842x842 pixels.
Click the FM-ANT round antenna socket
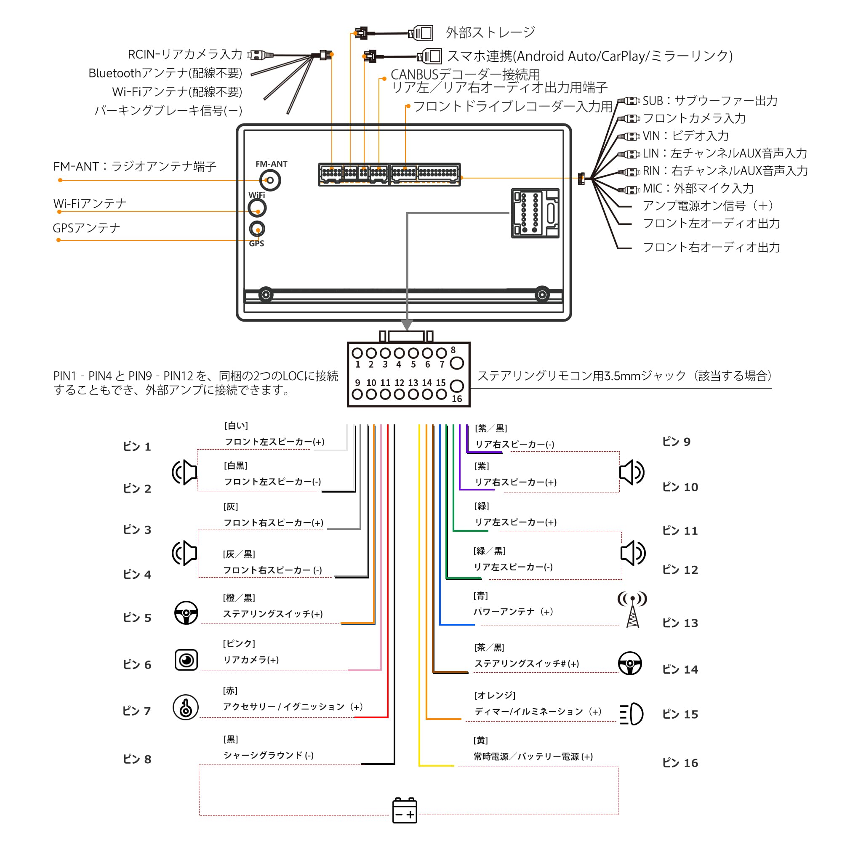pos(270,180)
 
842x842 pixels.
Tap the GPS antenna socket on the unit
pos(257,228)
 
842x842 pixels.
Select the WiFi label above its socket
pos(257,195)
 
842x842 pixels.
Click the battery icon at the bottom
pos(405,810)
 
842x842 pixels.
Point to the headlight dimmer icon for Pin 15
pos(631,714)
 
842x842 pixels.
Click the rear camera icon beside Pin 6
pos(186,660)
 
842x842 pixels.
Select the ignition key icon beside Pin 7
pos(186,707)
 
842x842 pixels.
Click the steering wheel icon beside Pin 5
pos(186,613)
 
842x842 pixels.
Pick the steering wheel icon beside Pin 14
pos(630,663)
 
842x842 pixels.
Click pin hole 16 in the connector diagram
pos(456,386)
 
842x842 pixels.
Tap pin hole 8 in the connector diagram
pos(456,362)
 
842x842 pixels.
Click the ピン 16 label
pos(680,763)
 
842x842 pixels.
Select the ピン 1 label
pos(137,446)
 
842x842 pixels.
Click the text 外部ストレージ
pos(490,32)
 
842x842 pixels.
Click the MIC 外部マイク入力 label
pos(698,188)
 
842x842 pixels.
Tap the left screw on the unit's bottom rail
pos(266,295)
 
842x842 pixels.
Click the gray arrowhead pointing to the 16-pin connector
pos(407,325)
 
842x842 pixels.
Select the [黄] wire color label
pos(480,740)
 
